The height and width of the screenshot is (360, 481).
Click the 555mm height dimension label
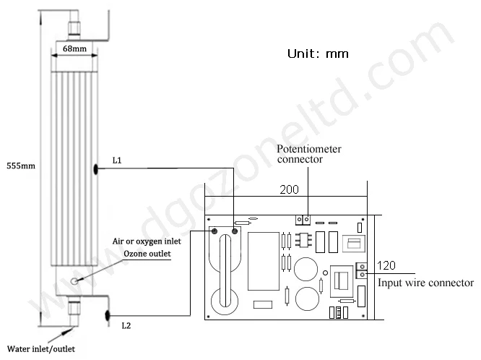19,166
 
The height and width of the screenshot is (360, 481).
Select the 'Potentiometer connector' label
310,154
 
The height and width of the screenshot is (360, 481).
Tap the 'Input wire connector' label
426,283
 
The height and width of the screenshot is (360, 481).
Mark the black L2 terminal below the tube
106,314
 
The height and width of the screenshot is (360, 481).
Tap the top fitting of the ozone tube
72,29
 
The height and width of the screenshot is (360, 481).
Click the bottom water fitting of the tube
72,311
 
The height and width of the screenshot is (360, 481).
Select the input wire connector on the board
362,270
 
